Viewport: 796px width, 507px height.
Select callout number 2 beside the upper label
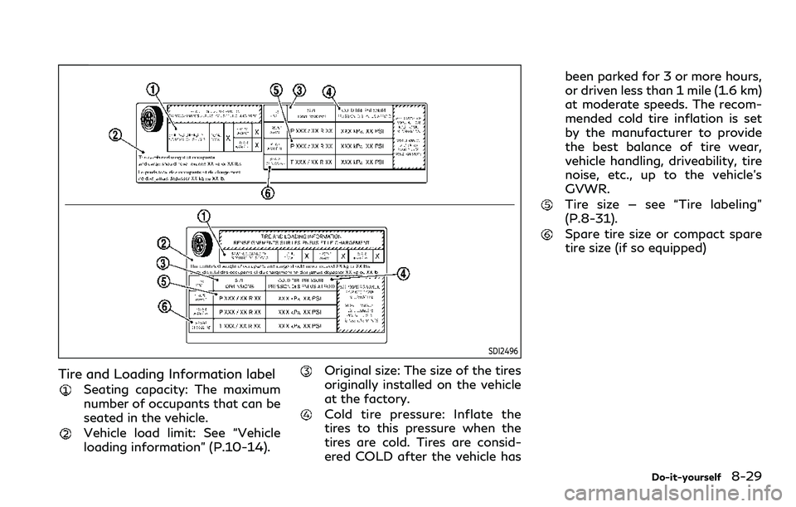pos(116,134)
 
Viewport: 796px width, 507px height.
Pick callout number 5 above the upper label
pos(277,90)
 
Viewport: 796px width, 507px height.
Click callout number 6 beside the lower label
pos(165,306)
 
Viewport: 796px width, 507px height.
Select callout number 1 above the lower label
pos(201,215)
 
